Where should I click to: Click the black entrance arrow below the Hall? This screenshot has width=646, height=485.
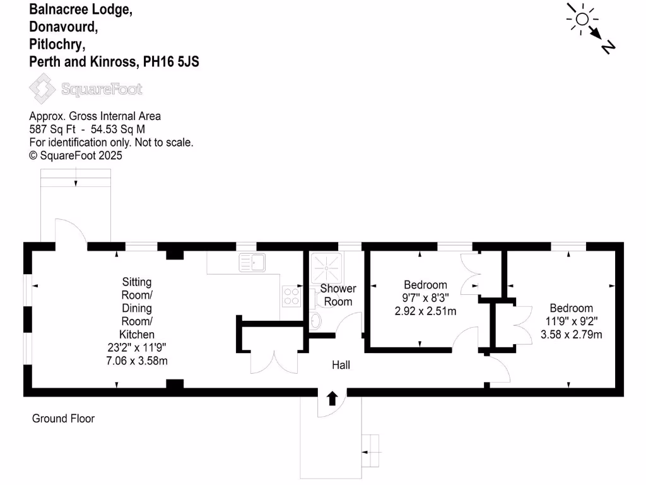click(x=332, y=398)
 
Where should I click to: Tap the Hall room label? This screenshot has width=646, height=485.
click(x=341, y=365)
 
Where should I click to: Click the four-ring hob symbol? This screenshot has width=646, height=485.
click(x=291, y=296)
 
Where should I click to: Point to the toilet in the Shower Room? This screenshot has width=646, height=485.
click(x=315, y=320)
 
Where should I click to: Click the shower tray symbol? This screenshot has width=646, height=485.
click(x=326, y=267)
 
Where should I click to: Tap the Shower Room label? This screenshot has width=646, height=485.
click(x=338, y=295)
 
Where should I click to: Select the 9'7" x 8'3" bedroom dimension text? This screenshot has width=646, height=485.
click(x=425, y=298)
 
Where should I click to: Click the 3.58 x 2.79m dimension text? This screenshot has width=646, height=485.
click(x=571, y=334)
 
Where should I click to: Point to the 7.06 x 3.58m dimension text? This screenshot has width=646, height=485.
click(x=137, y=361)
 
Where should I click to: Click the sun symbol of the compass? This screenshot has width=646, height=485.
click(x=581, y=19)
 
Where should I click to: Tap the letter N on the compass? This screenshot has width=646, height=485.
click(x=608, y=47)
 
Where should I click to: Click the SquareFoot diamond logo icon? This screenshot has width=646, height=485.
click(x=43, y=88)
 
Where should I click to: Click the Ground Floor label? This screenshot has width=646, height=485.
click(x=63, y=418)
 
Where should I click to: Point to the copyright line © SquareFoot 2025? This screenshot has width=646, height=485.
click(x=76, y=155)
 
